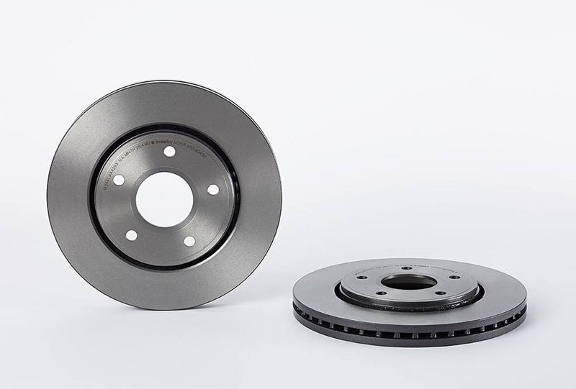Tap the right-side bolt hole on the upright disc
pos(212,189)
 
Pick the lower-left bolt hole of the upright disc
pos(130,235)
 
